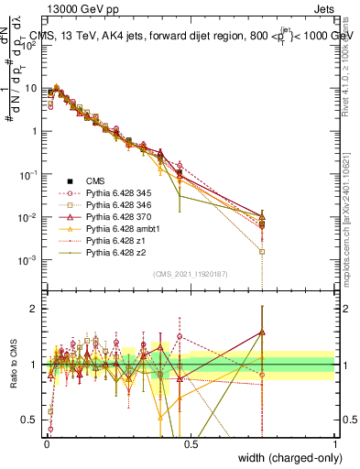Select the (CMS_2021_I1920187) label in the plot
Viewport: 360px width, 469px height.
[x=191, y=273]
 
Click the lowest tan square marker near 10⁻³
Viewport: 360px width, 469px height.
[x=263, y=251]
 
